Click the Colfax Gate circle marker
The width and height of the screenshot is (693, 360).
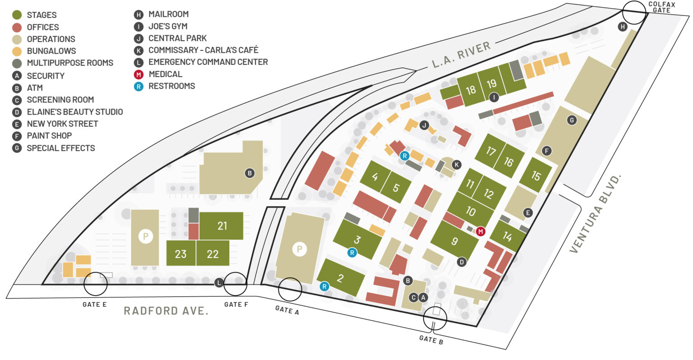(634, 12)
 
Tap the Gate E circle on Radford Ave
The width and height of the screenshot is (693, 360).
(96, 284)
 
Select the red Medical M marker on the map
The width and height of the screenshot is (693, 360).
(480, 231)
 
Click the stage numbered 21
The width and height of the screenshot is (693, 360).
(222, 226)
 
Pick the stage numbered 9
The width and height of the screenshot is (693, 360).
(454, 241)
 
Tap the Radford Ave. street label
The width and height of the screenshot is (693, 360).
(166, 311)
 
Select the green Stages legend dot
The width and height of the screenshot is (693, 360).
(17, 15)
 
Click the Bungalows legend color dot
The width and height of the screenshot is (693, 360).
(17, 51)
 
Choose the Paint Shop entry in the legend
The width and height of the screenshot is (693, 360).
(49, 136)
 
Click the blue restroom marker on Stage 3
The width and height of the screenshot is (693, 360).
(352, 253)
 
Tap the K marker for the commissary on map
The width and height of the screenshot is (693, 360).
(457, 165)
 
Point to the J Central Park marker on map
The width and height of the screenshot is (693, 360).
(424, 125)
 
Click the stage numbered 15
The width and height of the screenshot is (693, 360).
(536, 175)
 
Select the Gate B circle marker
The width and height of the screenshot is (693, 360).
(435, 318)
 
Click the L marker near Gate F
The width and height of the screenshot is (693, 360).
(219, 283)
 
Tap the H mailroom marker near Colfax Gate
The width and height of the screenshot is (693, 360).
(623, 27)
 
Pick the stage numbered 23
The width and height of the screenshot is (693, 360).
(180, 254)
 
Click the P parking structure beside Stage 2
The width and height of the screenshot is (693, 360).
(299, 249)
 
